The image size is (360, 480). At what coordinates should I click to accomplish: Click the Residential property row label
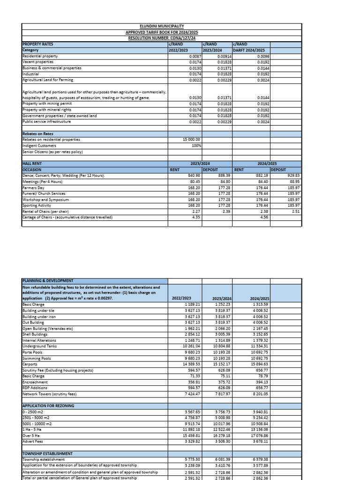tap(40, 56)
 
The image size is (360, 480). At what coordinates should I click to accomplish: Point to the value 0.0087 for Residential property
tap(195, 56)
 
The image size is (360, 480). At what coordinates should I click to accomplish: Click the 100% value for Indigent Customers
tap(196, 145)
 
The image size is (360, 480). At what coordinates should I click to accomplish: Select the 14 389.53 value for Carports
tap(189, 364)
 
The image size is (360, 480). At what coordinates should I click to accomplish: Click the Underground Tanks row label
tap(39, 346)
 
